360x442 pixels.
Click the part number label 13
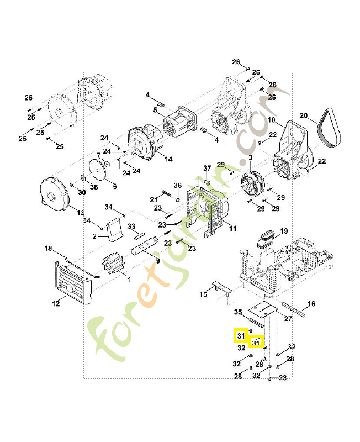(x=80, y=213)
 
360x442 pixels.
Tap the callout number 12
(x=56, y=303)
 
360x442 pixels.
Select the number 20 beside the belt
(x=303, y=115)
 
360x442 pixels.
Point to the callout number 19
(x=284, y=231)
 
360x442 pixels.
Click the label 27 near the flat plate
(x=288, y=319)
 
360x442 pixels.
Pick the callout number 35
(x=238, y=312)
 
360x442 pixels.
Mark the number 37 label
(x=207, y=168)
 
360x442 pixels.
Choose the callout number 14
(x=168, y=159)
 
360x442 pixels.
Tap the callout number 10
(x=272, y=120)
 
